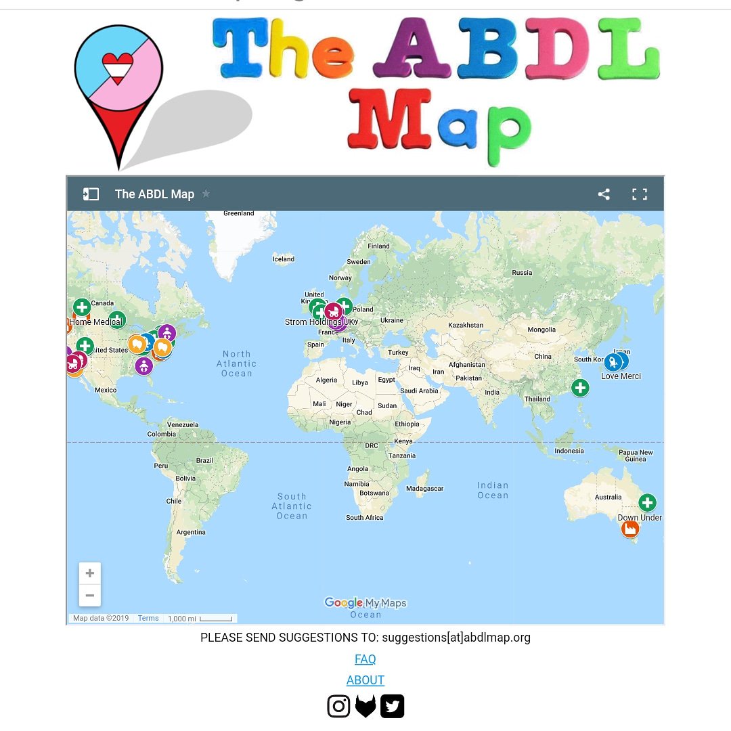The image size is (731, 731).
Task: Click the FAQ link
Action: [365, 659]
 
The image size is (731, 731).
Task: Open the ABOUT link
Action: [365, 680]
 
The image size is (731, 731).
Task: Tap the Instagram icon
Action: [338, 706]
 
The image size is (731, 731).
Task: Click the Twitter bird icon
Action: [392, 706]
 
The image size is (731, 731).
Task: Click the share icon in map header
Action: [604, 194]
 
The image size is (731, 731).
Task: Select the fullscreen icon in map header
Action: [640, 194]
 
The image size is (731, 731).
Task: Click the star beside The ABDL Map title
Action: [206, 194]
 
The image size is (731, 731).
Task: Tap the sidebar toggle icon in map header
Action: [91, 194]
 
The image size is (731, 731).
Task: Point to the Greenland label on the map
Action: [239, 213]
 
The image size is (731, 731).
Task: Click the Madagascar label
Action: [424, 489]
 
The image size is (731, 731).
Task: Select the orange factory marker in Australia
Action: [630, 529]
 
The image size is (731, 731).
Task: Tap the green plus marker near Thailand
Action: [580, 388]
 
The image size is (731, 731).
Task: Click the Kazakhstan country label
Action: [466, 326]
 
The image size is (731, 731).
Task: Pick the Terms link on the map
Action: [148, 618]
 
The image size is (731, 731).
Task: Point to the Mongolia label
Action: [541, 330]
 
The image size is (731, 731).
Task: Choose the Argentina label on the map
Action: [191, 532]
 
